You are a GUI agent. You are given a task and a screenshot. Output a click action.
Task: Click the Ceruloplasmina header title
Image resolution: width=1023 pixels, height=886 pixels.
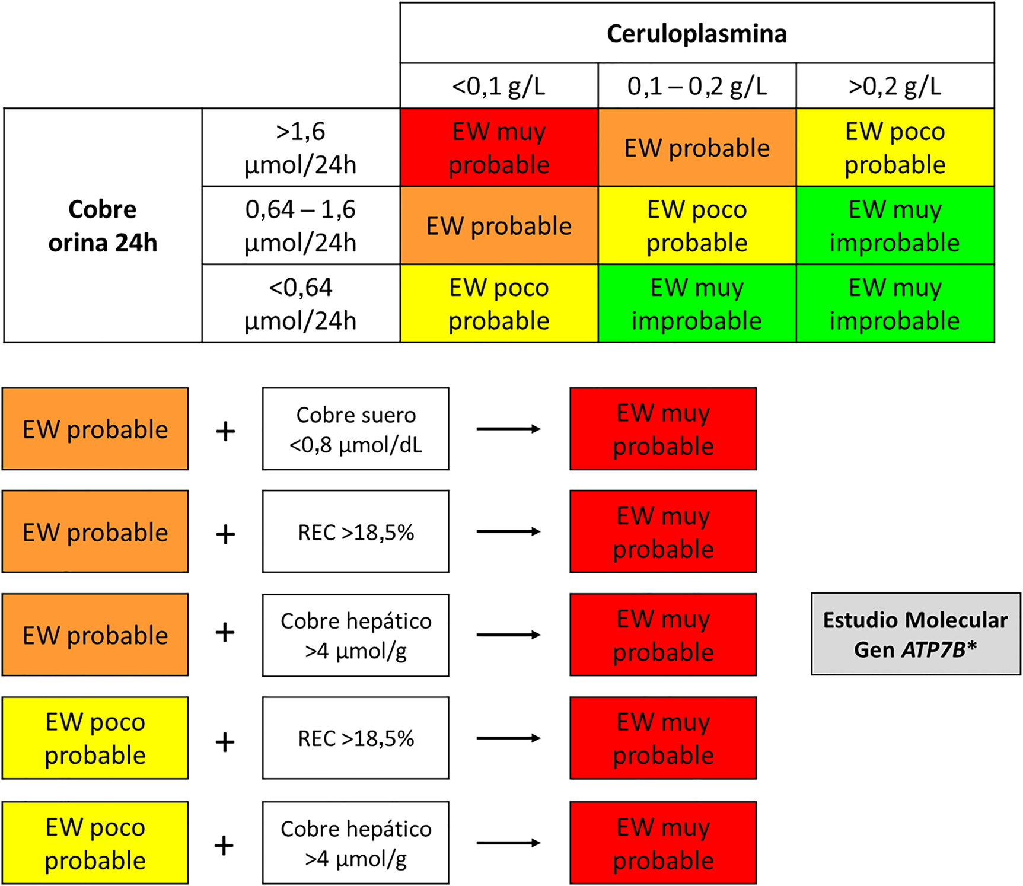point(696,34)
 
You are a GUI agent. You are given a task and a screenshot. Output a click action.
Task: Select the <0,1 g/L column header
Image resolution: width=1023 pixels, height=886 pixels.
point(498,87)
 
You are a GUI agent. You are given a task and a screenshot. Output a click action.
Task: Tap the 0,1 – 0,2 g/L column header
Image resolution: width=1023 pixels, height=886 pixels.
point(697,87)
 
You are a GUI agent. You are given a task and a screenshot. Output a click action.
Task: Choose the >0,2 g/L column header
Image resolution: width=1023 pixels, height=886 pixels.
point(894,87)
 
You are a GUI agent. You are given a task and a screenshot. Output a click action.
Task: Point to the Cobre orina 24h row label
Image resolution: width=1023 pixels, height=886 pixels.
point(103,226)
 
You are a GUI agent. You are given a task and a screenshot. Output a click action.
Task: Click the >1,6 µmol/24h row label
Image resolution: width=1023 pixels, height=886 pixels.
point(301,148)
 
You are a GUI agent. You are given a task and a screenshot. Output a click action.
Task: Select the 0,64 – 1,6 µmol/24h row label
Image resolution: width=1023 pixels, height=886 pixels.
point(301,226)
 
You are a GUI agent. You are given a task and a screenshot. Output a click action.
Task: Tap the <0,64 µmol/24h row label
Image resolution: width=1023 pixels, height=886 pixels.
point(301,304)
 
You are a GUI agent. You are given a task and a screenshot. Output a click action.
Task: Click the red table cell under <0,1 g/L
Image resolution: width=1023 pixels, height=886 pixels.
point(499,148)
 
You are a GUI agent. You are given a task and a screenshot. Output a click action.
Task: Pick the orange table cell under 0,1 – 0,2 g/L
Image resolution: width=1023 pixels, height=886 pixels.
point(697,148)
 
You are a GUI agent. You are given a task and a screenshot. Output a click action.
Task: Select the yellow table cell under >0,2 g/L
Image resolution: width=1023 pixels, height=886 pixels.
point(894,148)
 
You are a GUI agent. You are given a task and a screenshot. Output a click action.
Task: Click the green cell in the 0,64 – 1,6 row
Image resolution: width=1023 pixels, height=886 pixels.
point(894,226)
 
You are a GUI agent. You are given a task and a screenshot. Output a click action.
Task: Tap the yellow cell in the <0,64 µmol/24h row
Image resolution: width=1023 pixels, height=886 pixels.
point(499,304)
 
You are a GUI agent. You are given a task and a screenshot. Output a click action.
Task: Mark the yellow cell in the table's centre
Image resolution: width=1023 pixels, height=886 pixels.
point(697,226)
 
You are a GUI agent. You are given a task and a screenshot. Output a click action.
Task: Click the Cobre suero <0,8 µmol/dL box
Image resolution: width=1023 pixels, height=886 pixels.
point(356,429)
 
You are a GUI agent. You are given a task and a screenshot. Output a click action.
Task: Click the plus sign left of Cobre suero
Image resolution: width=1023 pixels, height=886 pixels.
point(225,431)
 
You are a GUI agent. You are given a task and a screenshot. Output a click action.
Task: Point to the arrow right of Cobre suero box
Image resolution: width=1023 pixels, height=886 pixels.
point(508,429)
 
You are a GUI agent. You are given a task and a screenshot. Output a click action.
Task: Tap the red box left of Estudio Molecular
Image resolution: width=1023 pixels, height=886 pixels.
point(663,635)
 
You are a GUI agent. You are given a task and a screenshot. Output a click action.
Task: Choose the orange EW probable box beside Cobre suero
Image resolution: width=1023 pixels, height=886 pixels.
point(95,429)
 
